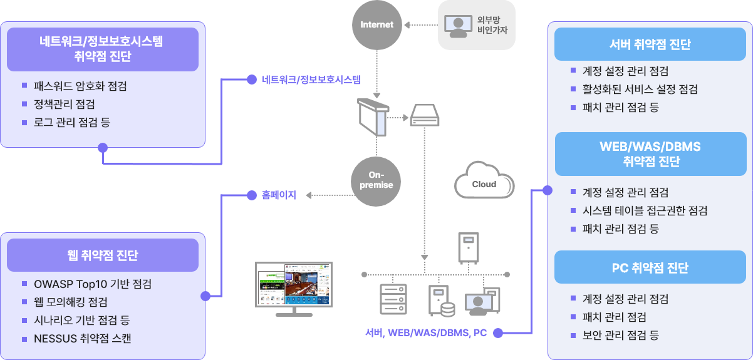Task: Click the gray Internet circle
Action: click(x=376, y=24)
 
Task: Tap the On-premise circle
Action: click(x=376, y=180)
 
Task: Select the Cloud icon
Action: click(x=484, y=183)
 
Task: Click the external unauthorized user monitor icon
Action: click(x=457, y=25)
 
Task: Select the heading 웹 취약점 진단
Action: click(x=102, y=255)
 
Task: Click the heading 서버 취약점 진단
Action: click(x=650, y=44)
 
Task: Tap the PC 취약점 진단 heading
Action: click(x=650, y=268)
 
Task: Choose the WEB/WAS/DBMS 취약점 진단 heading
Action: click(x=650, y=154)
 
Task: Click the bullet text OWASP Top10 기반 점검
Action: click(x=93, y=284)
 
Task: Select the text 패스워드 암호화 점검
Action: click(x=80, y=86)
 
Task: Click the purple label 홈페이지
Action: click(x=279, y=195)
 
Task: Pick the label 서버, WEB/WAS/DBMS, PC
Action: click(x=426, y=333)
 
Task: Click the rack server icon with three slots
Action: click(x=393, y=299)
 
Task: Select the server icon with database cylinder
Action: click(x=441, y=301)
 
